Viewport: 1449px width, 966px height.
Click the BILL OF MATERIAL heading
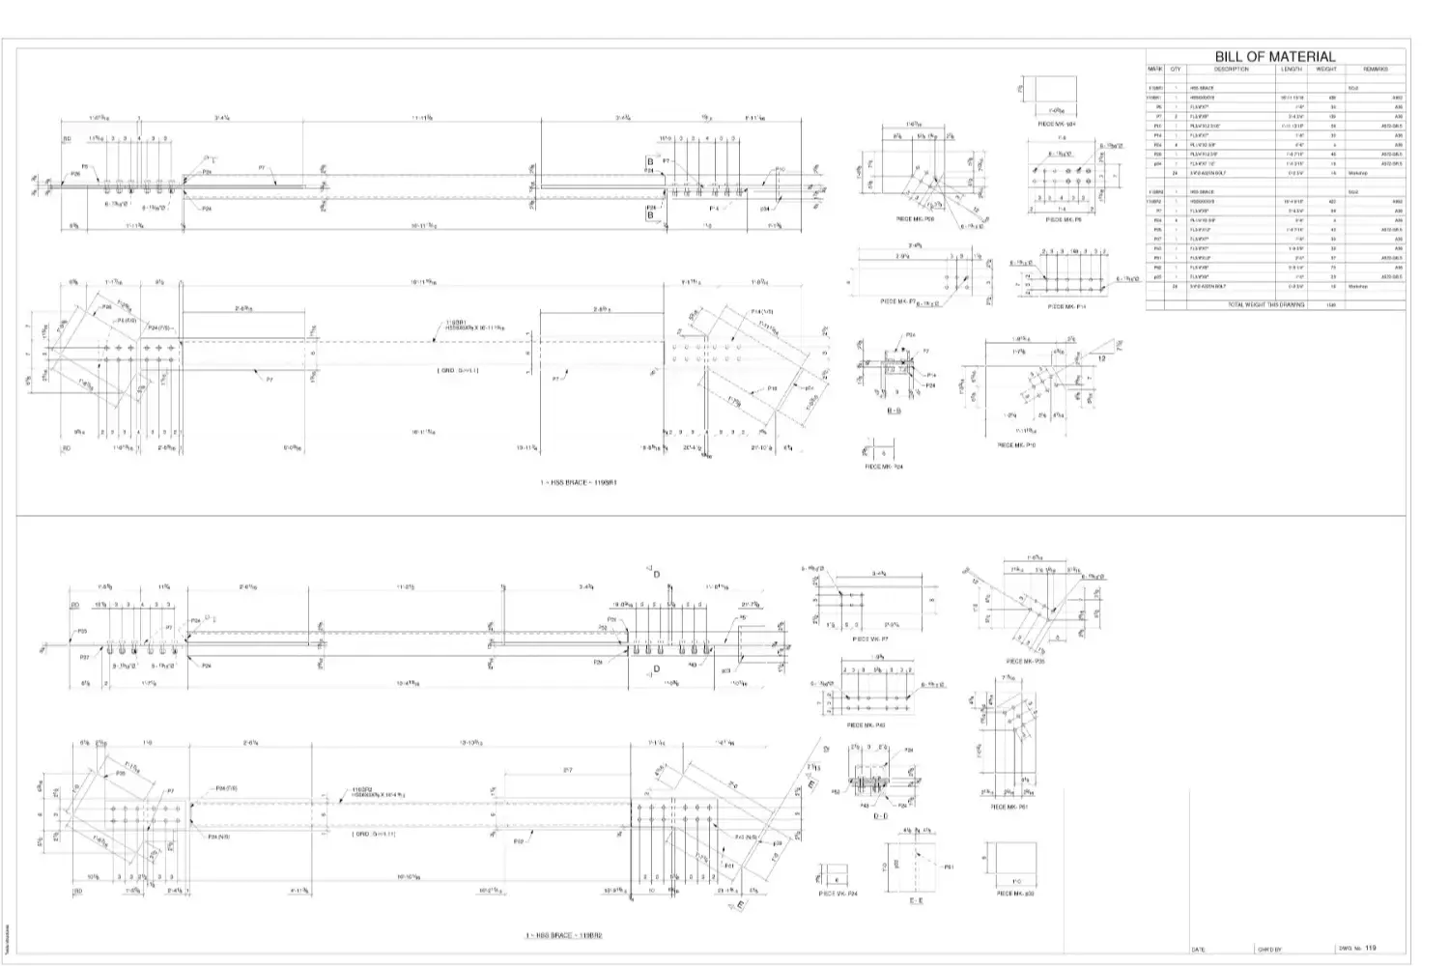1274,57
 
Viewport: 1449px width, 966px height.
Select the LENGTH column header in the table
1292,70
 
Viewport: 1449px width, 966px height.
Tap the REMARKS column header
1376,70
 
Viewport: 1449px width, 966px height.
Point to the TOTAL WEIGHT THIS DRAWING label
1265,304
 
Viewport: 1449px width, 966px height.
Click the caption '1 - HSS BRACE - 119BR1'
578,482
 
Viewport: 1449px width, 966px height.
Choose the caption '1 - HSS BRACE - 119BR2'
564,935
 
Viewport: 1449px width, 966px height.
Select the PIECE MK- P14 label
1067,307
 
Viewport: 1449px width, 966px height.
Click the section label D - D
881,816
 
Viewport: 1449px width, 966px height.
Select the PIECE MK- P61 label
1009,807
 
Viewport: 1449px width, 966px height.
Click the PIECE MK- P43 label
866,724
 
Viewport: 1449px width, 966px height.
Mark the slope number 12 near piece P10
1102,357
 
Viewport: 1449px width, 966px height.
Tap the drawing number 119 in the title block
1371,948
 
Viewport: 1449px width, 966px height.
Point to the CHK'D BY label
1269,950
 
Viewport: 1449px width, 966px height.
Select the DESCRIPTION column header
1231,70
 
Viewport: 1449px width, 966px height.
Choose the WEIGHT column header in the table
1326,70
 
